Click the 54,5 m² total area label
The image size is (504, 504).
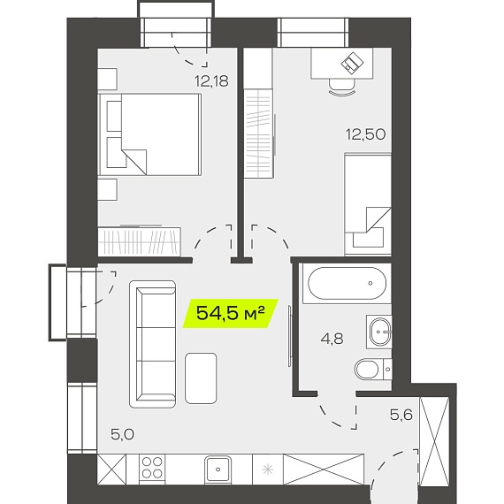coord(231,313)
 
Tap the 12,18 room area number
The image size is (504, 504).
coord(212,81)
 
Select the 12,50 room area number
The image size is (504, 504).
coord(365,134)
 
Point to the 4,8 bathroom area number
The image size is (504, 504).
coord(332,339)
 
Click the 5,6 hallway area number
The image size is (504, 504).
coord(401,415)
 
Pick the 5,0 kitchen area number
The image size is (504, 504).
coord(122,434)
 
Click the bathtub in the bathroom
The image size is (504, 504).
coord(347,283)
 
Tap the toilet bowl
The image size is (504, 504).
coord(373,370)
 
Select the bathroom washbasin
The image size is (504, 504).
coord(379,332)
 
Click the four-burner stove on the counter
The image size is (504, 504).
coord(152,468)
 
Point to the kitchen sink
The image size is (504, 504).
coord(218,470)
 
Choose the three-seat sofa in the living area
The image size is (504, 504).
coord(153,344)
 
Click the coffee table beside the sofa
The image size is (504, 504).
coord(201,378)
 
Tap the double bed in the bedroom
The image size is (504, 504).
coord(149,134)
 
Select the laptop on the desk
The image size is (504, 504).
coord(352,63)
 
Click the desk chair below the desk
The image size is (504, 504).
coord(342,87)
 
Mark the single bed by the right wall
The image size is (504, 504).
coord(368,204)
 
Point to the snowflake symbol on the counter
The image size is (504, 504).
coord(267,470)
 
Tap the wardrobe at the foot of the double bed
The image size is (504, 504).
coord(139,241)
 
